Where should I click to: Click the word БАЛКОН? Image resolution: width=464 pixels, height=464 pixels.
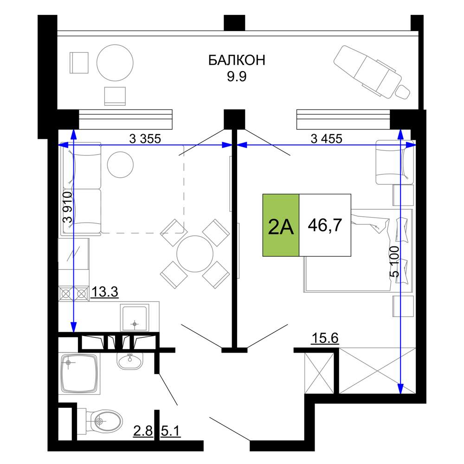(x=237, y=60)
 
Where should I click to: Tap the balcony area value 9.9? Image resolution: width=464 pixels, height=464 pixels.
(x=237, y=77)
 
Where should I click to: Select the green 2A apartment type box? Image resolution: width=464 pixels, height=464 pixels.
(x=281, y=225)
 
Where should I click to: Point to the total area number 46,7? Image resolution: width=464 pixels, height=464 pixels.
(x=325, y=225)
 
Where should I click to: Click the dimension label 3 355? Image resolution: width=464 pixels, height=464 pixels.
(x=145, y=138)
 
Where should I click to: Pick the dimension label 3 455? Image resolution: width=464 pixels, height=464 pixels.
(x=326, y=138)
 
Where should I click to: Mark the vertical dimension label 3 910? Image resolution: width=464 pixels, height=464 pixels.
(x=67, y=207)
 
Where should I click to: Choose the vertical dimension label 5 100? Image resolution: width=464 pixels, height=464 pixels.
(x=394, y=262)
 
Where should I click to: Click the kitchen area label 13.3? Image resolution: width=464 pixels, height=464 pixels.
(x=105, y=292)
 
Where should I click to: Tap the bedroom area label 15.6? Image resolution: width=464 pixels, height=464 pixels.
(x=325, y=338)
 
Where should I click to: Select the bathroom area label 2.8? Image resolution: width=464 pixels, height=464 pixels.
(x=143, y=431)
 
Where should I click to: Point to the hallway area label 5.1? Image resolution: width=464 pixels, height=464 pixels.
(x=171, y=431)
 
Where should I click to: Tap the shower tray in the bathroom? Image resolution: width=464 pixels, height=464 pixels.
(x=79, y=374)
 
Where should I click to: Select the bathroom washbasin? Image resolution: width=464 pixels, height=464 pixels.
(x=129, y=361)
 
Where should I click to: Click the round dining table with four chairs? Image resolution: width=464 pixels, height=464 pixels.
(x=195, y=254)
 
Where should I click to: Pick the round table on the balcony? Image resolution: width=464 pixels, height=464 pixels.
(x=115, y=63)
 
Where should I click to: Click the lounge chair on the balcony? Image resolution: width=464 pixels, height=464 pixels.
(x=372, y=72)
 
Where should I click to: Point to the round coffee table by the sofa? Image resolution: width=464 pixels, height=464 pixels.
(x=120, y=165)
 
